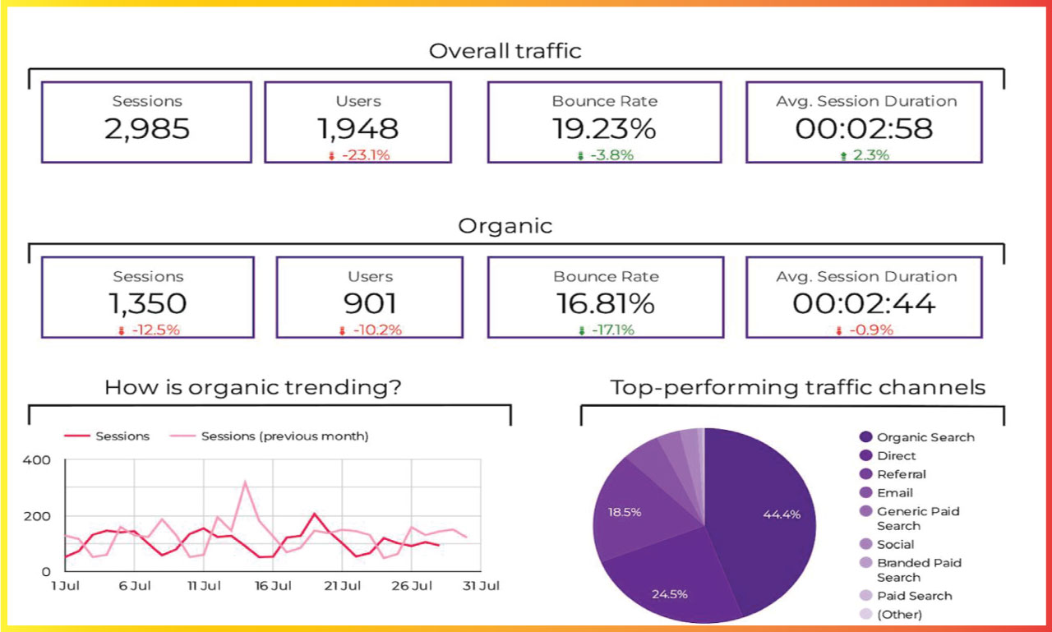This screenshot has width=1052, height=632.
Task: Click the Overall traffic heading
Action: click(505, 51)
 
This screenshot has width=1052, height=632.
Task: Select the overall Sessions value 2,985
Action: click(147, 129)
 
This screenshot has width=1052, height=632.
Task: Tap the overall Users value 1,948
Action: click(358, 129)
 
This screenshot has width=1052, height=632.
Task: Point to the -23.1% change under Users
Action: click(362, 155)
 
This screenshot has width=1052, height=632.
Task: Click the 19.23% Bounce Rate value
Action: click(604, 129)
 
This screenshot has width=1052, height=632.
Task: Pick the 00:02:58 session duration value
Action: click(864, 129)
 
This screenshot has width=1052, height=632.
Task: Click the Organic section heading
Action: click(505, 226)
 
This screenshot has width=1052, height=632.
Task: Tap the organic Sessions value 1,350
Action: click(147, 304)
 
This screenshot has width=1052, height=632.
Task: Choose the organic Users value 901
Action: click(370, 304)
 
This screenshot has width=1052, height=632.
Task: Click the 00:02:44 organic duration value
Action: click(864, 304)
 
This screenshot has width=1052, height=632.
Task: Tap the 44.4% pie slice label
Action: click(781, 514)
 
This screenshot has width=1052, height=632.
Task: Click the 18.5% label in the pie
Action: click(624, 512)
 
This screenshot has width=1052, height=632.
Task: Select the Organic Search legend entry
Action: click(925, 437)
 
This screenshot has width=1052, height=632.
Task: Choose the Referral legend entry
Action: click(901, 474)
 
